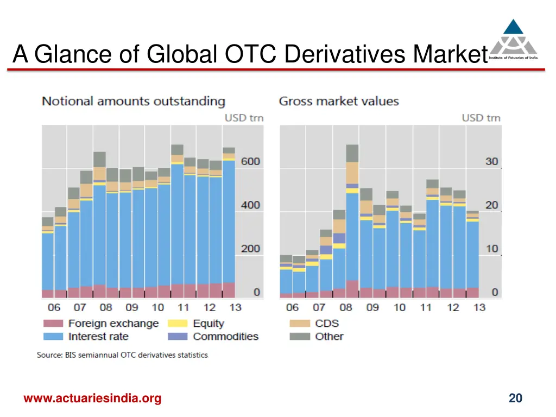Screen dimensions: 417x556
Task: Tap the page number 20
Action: click(x=515, y=399)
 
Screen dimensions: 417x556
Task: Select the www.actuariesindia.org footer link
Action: click(x=92, y=399)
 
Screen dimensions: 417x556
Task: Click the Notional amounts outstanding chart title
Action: click(x=134, y=101)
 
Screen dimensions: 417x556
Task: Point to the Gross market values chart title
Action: click(x=339, y=101)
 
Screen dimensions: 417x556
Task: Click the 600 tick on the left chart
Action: click(x=250, y=161)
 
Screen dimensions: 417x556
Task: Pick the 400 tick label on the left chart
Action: click(x=250, y=205)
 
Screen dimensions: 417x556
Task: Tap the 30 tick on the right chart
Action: click(x=491, y=161)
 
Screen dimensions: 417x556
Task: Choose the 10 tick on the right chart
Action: click(x=491, y=249)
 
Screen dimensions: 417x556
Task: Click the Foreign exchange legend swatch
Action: click(x=53, y=324)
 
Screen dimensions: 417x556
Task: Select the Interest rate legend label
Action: click(x=98, y=337)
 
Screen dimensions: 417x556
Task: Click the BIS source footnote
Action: click(x=122, y=355)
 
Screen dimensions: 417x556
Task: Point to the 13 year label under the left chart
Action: click(x=235, y=307)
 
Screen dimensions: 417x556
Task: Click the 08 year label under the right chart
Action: click(x=346, y=307)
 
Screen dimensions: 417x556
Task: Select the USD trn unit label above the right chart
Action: click(x=481, y=118)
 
